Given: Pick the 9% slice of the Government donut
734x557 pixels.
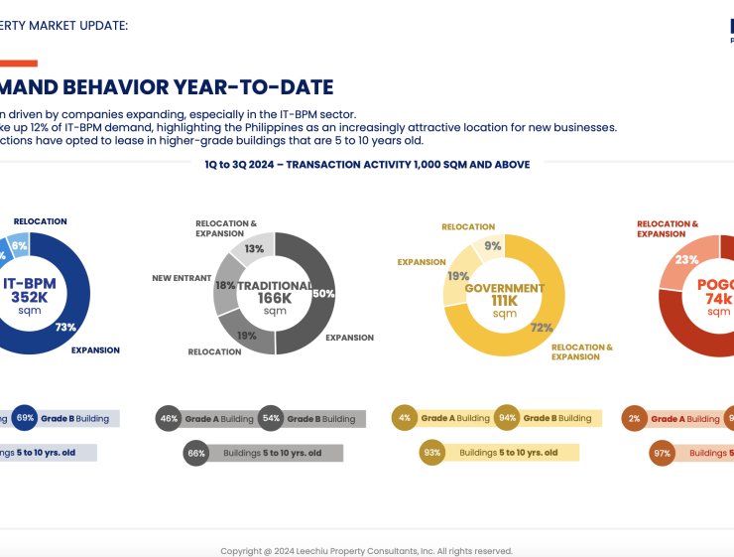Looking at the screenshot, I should [492, 246].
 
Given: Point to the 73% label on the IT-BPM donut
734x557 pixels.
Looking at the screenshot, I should [65, 327].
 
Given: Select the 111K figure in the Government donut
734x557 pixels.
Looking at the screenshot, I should [505, 300].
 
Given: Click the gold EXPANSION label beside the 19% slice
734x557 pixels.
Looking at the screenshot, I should [422, 262].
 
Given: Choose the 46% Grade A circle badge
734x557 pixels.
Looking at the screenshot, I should [169, 419].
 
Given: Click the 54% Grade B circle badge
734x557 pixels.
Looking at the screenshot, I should [271, 419].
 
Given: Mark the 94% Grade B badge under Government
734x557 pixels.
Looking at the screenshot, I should [507, 418].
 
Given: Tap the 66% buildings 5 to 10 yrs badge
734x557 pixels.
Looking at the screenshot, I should [196, 454].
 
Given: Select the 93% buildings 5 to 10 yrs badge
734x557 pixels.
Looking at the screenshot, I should [432, 453].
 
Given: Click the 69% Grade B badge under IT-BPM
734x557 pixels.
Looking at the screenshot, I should [25, 418].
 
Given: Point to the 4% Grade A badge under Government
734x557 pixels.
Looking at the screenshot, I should [405, 418].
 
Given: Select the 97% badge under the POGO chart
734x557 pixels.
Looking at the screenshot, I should [663, 454].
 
